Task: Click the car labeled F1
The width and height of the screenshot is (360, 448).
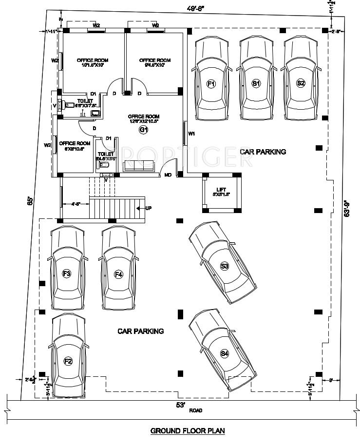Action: point(211,80)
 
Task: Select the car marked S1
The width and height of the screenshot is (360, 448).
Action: point(256,80)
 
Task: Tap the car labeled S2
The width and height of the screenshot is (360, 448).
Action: point(301,80)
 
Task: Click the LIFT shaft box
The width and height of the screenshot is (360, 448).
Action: point(222,193)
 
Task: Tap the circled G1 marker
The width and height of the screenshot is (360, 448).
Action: point(143,129)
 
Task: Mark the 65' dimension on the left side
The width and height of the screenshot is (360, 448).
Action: point(30,200)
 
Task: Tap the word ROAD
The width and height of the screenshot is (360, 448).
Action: point(196,410)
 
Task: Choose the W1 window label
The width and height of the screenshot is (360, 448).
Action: point(191,133)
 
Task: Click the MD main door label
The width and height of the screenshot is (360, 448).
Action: point(168,175)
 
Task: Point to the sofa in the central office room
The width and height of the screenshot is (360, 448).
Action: point(139,166)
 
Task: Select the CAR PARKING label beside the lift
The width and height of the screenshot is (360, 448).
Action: point(263,152)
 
